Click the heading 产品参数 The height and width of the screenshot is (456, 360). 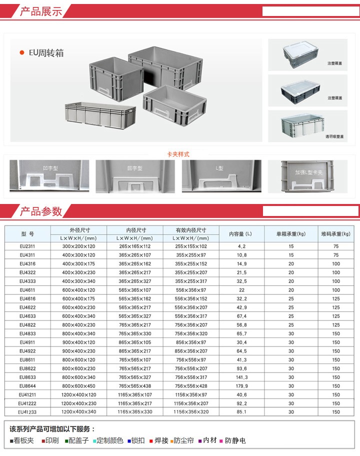click(40, 211)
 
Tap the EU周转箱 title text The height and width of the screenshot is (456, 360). click(45, 52)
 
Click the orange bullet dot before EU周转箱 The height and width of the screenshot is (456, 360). click(21, 52)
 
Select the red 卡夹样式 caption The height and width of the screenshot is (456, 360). click(178, 154)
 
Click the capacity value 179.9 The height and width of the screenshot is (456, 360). click(241, 386)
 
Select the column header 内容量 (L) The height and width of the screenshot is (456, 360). click(240, 234)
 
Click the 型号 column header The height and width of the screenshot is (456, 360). click(27, 234)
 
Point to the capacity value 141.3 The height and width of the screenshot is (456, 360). click(241, 377)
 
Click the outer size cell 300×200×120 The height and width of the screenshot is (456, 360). click(78, 246)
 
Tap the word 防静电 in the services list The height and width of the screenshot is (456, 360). click(235, 440)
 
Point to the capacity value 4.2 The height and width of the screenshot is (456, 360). click(241, 246)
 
